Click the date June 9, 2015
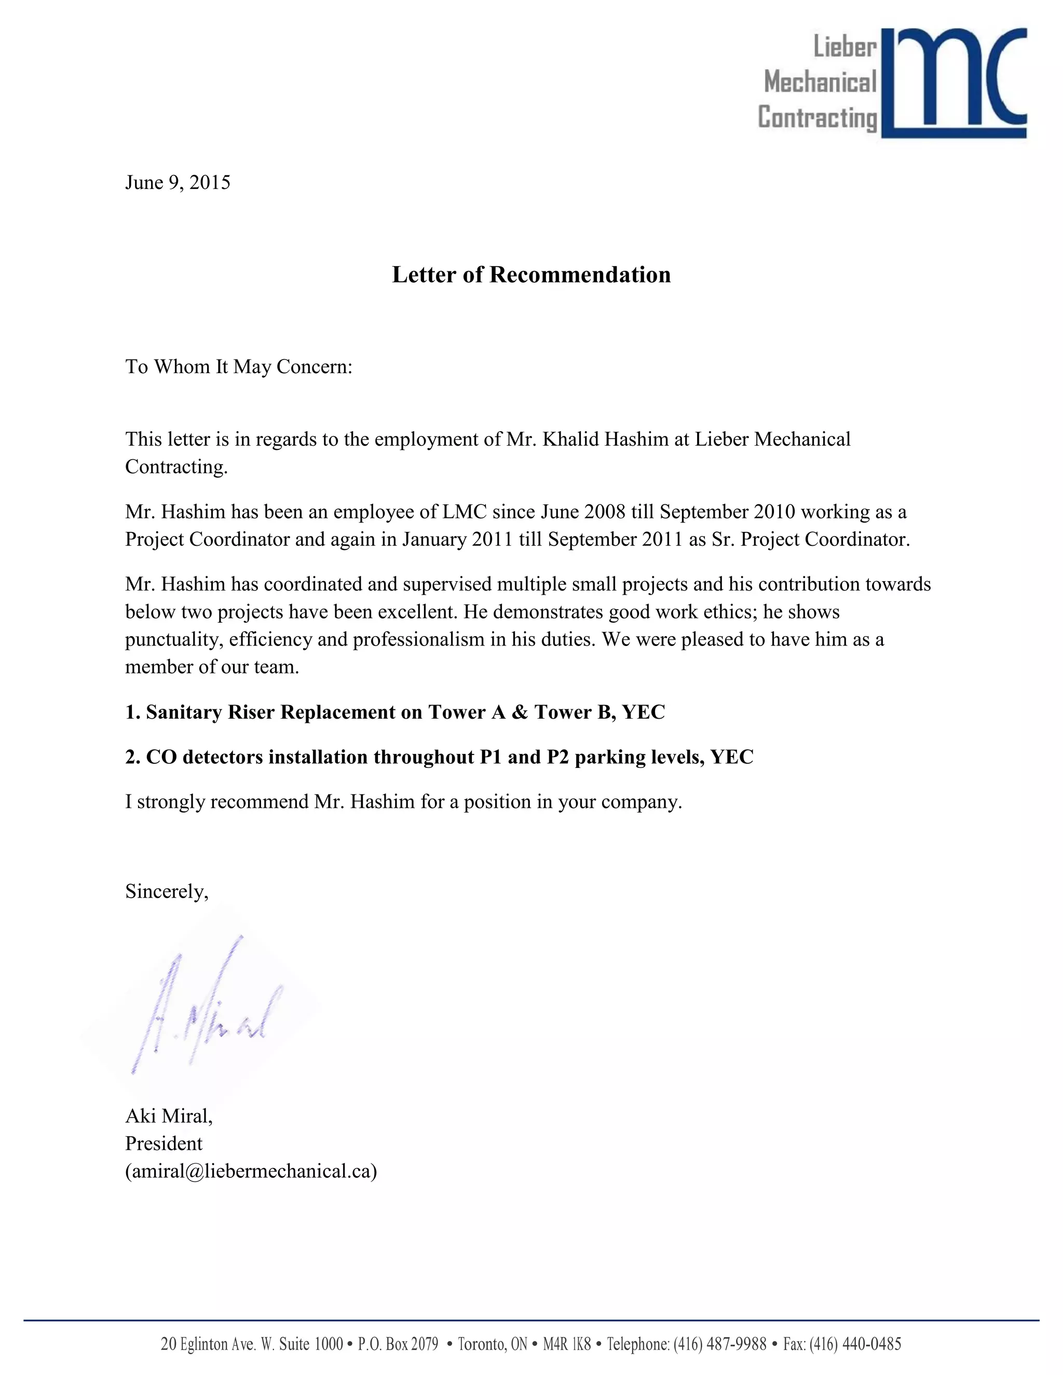[178, 183]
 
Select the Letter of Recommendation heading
[531, 274]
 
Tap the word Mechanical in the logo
[820, 82]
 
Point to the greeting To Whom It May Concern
[239, 366]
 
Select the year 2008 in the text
[605, 511]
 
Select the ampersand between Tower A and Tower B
[520, 712]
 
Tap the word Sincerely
[166, 891]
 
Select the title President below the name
[163, 1143]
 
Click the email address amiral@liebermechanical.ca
[251, 1171]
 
